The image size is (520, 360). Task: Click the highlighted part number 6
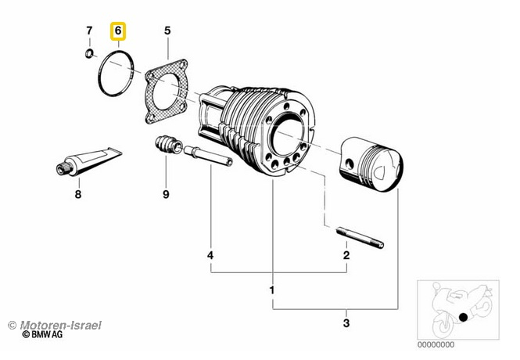click(119, 32)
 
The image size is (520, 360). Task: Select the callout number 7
click(89, 32)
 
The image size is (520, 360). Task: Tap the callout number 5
click(167, 32)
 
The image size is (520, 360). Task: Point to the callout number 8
click(77, 194)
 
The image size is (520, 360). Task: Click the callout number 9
click(165, 194)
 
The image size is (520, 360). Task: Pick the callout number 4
click(210, 255)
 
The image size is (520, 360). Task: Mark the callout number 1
click(271, 290)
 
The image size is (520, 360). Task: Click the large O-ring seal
click(118, 74)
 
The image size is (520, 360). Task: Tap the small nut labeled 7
click(90, 54)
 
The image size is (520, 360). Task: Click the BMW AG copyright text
click(43, 334)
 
